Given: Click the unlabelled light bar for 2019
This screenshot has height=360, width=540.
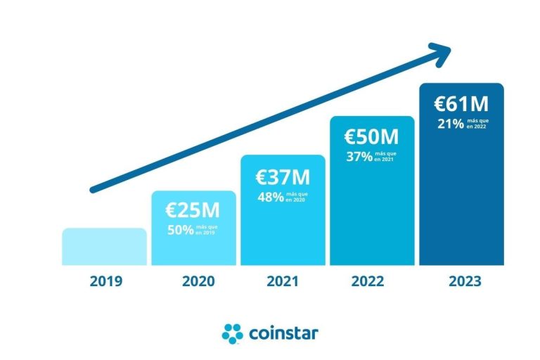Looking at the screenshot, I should (x=104, y=246).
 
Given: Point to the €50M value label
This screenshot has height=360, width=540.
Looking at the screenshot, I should (x=371, y=136).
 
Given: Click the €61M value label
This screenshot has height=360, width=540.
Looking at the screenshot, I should (x=461, y=103).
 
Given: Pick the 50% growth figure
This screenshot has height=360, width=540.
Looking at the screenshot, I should (x=180, y=229).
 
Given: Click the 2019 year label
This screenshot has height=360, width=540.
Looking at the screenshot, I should (x=106, y=282).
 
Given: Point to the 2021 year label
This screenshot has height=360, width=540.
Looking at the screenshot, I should (x=283, y=282).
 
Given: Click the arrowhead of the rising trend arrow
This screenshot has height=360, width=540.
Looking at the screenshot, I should (x=441, y=52).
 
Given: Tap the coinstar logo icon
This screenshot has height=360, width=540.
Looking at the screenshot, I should (x=232, y=333).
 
